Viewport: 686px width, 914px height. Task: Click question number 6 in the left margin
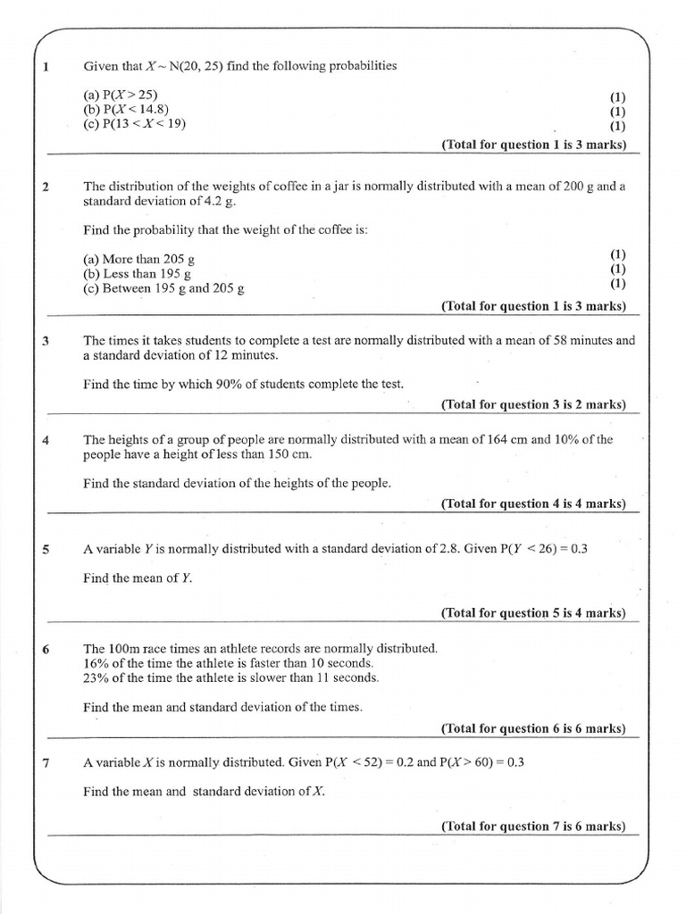[46, 649]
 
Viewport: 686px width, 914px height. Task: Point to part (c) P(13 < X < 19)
[135, 124]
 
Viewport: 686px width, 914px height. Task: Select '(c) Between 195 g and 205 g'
[164, 288]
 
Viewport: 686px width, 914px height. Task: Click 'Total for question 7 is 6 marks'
[533, 826]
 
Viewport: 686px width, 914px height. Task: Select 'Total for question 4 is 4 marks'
[533, 503]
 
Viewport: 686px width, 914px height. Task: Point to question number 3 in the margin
[46, 341]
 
